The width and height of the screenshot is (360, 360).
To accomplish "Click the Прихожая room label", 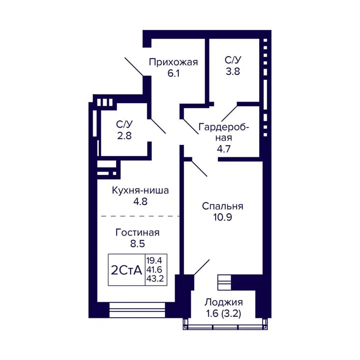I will pyautogui.click(x=173, y=62).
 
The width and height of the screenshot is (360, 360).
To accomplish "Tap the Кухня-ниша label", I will pyautogui.click(x=140, y=190).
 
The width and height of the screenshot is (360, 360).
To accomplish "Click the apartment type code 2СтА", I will pyautogui.click(x=126, y=270).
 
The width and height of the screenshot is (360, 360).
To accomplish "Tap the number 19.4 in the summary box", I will pyautogui.click(x=154, y=260).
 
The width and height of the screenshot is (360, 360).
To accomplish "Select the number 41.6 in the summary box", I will pyautogui.click(x=154, y=269).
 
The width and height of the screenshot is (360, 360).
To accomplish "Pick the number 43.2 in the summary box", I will pyautogui.click(x=154, y=278).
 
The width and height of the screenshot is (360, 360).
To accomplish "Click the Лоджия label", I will pyautogui.click(x=223, y=302).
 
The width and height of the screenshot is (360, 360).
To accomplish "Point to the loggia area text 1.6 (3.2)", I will pyautogui.click(x=223, y=314).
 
